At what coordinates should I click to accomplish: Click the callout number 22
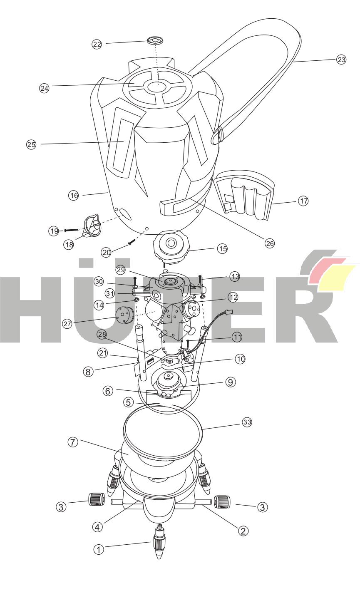[97, 44]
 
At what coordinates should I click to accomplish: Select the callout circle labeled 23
[341, 59]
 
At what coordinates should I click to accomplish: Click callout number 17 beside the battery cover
[303, 201]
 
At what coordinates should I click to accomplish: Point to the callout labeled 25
[31, 144]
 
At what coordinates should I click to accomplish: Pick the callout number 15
[222, 248]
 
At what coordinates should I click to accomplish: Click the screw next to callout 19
[72, 230]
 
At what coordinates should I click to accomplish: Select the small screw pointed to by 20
[132, 242]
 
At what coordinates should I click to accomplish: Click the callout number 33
[247, 422]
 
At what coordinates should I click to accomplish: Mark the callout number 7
[73, 442]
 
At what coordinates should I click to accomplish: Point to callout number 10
[240, 359]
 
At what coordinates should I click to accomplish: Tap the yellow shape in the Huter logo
[336, 278]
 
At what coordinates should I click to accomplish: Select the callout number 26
[269, 243]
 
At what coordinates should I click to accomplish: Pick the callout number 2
[243, 531]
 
